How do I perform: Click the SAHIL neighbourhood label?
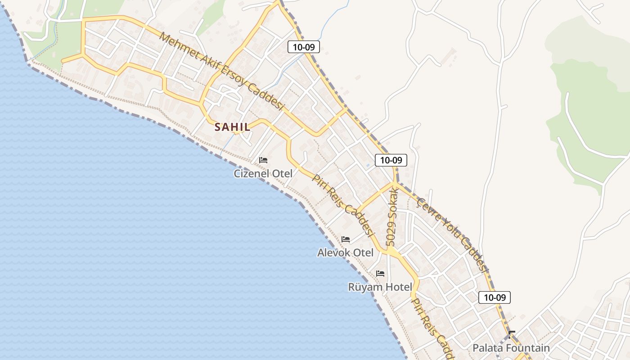click(232, 127)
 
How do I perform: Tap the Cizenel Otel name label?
click(263, 173)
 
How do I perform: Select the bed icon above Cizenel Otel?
click(263, 160)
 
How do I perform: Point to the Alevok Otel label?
click(345, 252)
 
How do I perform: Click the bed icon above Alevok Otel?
click(346, 239)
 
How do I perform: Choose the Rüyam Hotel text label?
click(380, 287)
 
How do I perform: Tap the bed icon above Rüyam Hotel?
click(380, 274)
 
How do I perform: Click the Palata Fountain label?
click(511, 348)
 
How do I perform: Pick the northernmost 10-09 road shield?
click(304, 47)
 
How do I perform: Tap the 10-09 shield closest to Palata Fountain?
click(494, 297)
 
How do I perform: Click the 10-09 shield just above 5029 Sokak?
click(391, 160)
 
